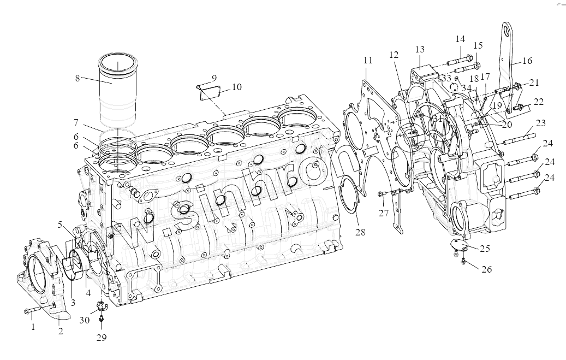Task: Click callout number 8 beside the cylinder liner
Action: (x=77, y=78)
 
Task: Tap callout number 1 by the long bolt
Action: (x=33, y=327)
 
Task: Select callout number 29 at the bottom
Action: (x=101, y=338)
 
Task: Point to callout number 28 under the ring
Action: (x=359, y=232)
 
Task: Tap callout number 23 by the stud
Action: (x=540, y=122)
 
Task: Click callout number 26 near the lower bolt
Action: (x=486, y=269)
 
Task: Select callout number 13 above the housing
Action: (x=419, y=49)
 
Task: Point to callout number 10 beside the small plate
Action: (x=236, y=87)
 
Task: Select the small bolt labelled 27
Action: (x=384, y=193)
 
